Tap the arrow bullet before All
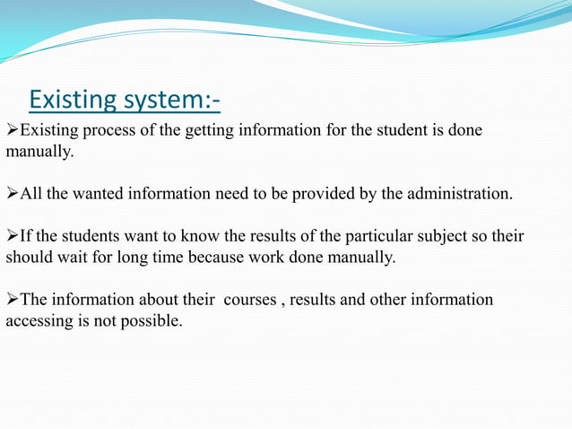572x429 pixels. (x=13, y=193)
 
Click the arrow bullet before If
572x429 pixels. (x=13, y=237)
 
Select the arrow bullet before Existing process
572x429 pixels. (x=13, y=131)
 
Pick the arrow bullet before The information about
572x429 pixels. (x=13, y=299)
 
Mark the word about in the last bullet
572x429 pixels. (x=155, y=299)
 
